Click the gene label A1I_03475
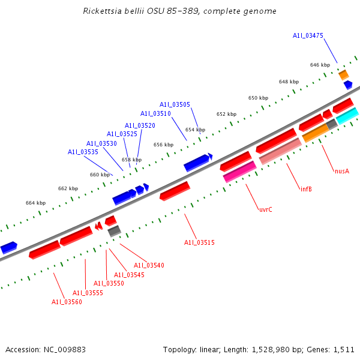[308, 36]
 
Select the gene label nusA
[341, 171]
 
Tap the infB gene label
[306, 189]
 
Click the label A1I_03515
[199, 242]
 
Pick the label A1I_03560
[67, 302]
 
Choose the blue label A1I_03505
[175, 104]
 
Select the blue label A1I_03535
[83, 152]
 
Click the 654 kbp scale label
[195, 130]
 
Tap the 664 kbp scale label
[35, 203]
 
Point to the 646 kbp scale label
[320, 65]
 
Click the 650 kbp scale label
[258, 98]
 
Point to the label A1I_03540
[149, 265]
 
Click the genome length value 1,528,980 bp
[284, 349]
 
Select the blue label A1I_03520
[140, 125]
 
